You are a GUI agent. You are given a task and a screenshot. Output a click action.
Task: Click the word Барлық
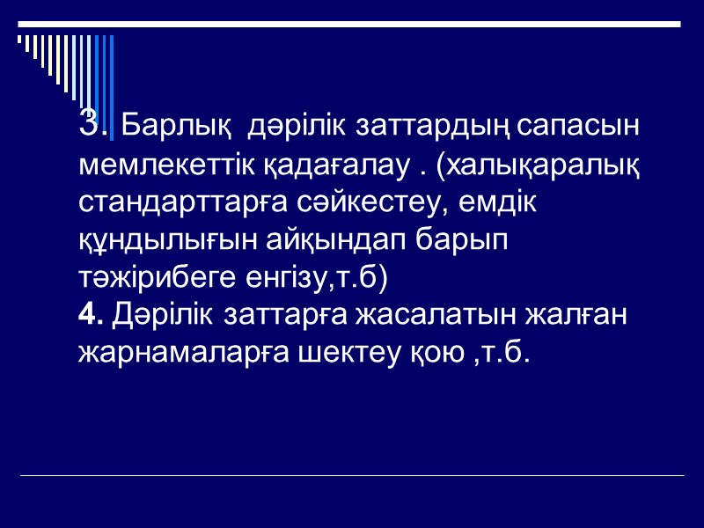(x=168, y=128)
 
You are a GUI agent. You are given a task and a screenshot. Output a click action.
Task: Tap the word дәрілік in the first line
(x=297, y=127)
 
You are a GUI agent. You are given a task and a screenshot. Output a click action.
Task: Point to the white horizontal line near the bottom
(x=352, y=476)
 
